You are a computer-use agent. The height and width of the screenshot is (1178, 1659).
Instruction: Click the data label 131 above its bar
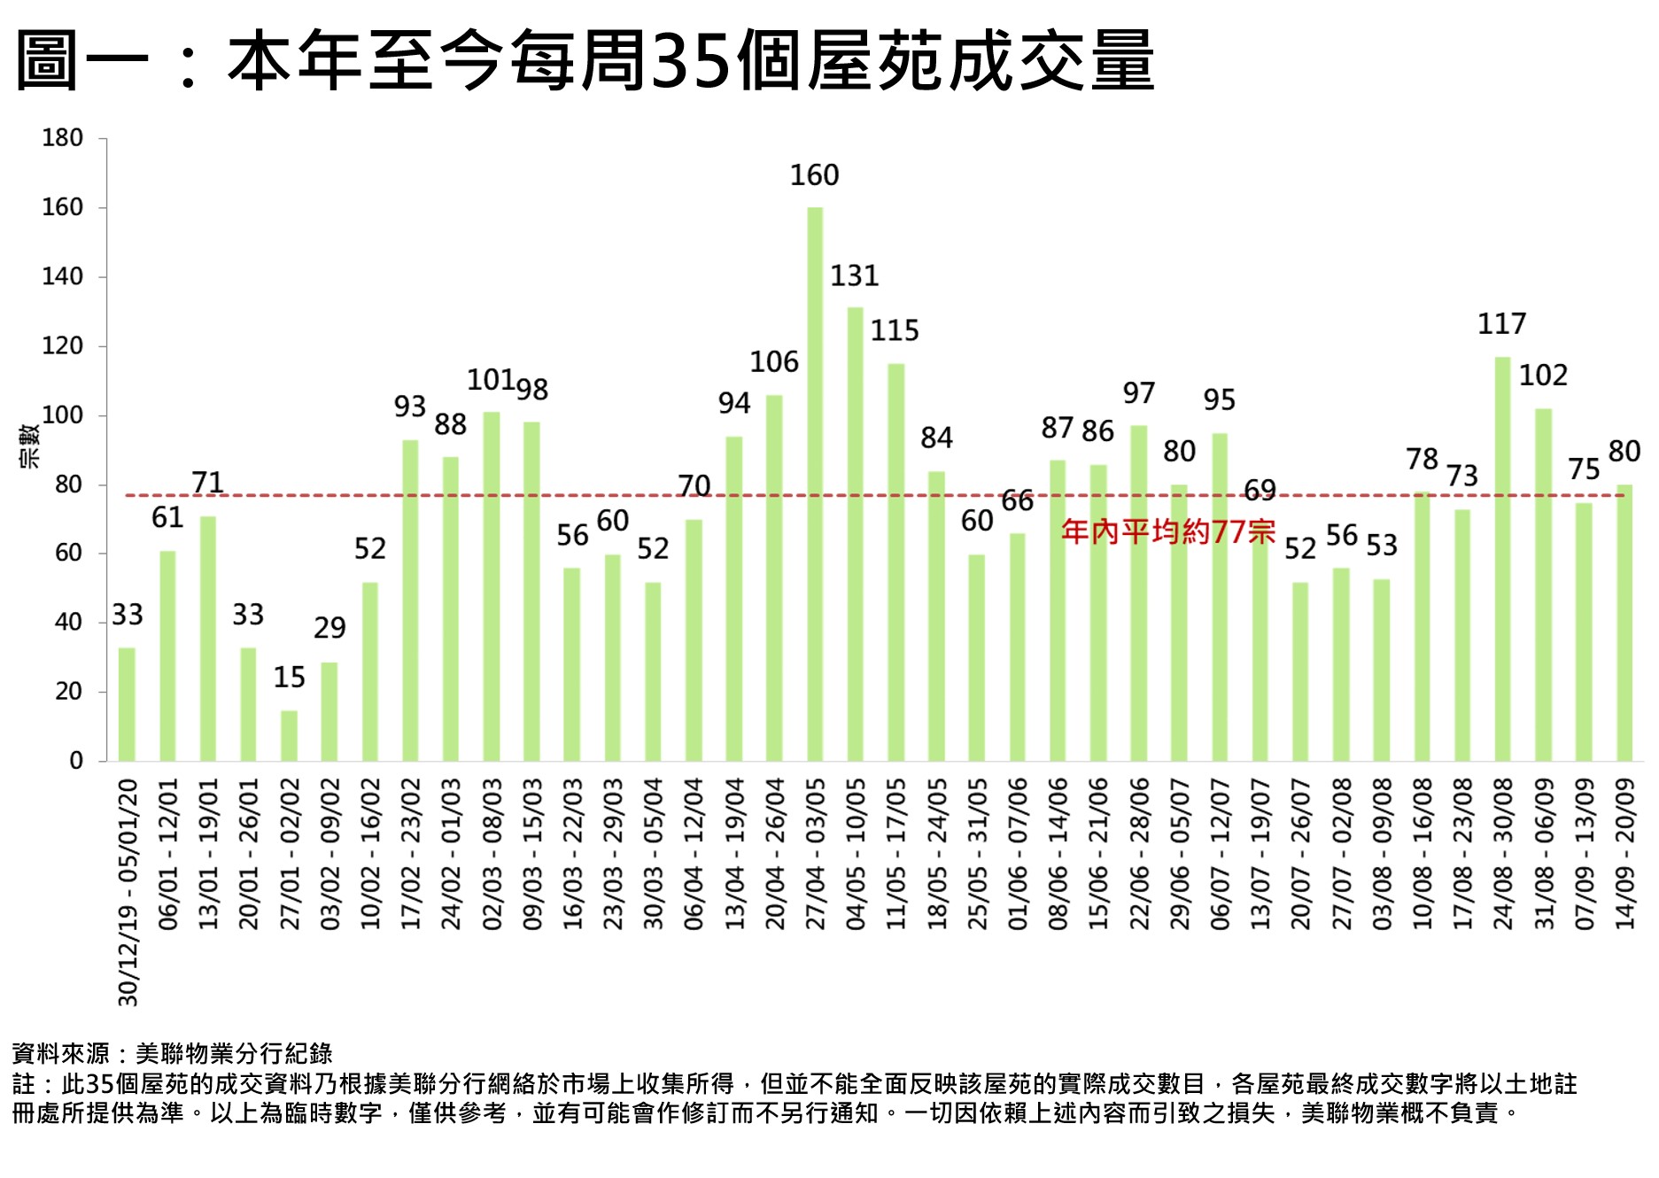coord(854,276)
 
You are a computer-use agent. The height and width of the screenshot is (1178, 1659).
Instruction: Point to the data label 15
coord(289,678)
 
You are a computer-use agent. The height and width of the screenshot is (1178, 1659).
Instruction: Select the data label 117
coord(1501,324)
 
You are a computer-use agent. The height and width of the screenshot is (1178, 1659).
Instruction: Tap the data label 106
coord(773,362)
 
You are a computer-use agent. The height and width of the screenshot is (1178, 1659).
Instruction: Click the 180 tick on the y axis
coord(62,138)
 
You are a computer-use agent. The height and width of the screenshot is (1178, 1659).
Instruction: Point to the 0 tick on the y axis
coord(76,761)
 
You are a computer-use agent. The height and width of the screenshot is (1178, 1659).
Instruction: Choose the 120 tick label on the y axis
coord(62,346)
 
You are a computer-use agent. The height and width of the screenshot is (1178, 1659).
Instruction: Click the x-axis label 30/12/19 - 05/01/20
coord(128,892)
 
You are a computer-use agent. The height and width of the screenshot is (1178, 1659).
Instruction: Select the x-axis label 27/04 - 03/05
coord(815,853)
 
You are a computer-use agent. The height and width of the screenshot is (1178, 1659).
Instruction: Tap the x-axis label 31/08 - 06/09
coord(1544,853)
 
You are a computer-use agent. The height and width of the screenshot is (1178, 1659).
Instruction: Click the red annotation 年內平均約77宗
coord(1167,531)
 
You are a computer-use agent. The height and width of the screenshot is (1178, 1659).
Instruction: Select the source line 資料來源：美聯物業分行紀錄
coord(172,1053)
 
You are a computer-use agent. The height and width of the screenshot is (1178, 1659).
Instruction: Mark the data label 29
coord(329,628)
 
